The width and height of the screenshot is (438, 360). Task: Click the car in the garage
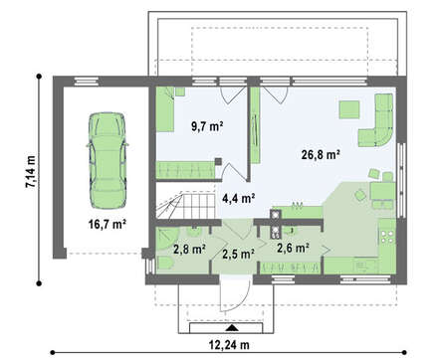108,160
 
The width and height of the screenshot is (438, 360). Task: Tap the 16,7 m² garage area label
107,225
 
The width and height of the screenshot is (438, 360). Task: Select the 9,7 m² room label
207,126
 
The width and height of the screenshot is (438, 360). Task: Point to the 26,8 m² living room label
321,154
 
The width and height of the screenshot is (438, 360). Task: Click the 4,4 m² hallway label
238,198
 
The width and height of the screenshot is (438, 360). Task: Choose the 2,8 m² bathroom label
189,249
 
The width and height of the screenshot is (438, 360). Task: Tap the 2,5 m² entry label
238,254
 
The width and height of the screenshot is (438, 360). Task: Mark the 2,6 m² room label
294,248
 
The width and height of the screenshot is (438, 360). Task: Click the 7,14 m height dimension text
31,172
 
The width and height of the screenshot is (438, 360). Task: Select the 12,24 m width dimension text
229,345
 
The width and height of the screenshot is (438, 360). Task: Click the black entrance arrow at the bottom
232,328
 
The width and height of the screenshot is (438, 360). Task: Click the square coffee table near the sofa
349,109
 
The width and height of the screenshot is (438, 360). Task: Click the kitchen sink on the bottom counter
362,266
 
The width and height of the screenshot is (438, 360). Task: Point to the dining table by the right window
382,191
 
